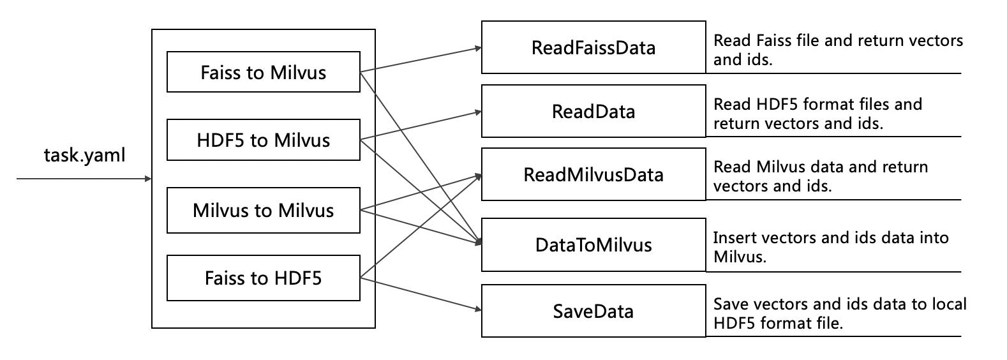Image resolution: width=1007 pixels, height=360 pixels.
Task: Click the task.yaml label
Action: [x=85, y=155]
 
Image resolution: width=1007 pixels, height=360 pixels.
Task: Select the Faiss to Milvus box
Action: [x=263, y=72]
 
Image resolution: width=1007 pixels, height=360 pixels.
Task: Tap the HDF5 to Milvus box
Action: [x=263, y=140]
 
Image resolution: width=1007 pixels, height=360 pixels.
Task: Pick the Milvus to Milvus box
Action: [x=263, y=210]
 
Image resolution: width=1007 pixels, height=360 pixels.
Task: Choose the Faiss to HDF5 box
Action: [x=263, y=278]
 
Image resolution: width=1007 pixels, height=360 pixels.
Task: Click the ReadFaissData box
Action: [x=593, y=48]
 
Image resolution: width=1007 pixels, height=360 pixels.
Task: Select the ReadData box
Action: [x=593, y=112]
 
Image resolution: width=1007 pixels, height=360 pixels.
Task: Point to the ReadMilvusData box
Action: [x=593, y=175]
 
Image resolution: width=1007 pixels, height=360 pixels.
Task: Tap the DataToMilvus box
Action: [x=593, y=244]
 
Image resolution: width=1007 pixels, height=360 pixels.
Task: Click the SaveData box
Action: [x=593, y=311]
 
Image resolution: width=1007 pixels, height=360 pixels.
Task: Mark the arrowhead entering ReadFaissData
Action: [x=477, y=48]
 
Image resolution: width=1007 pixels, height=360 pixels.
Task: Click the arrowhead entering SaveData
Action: [x=477, y=310]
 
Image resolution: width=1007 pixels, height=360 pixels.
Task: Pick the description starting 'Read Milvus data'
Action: [x=820, y=176]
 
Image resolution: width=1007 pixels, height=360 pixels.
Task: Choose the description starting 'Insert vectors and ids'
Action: [x=830, y=247]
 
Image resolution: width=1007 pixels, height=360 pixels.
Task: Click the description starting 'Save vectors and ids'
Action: [x=839, y=313]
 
